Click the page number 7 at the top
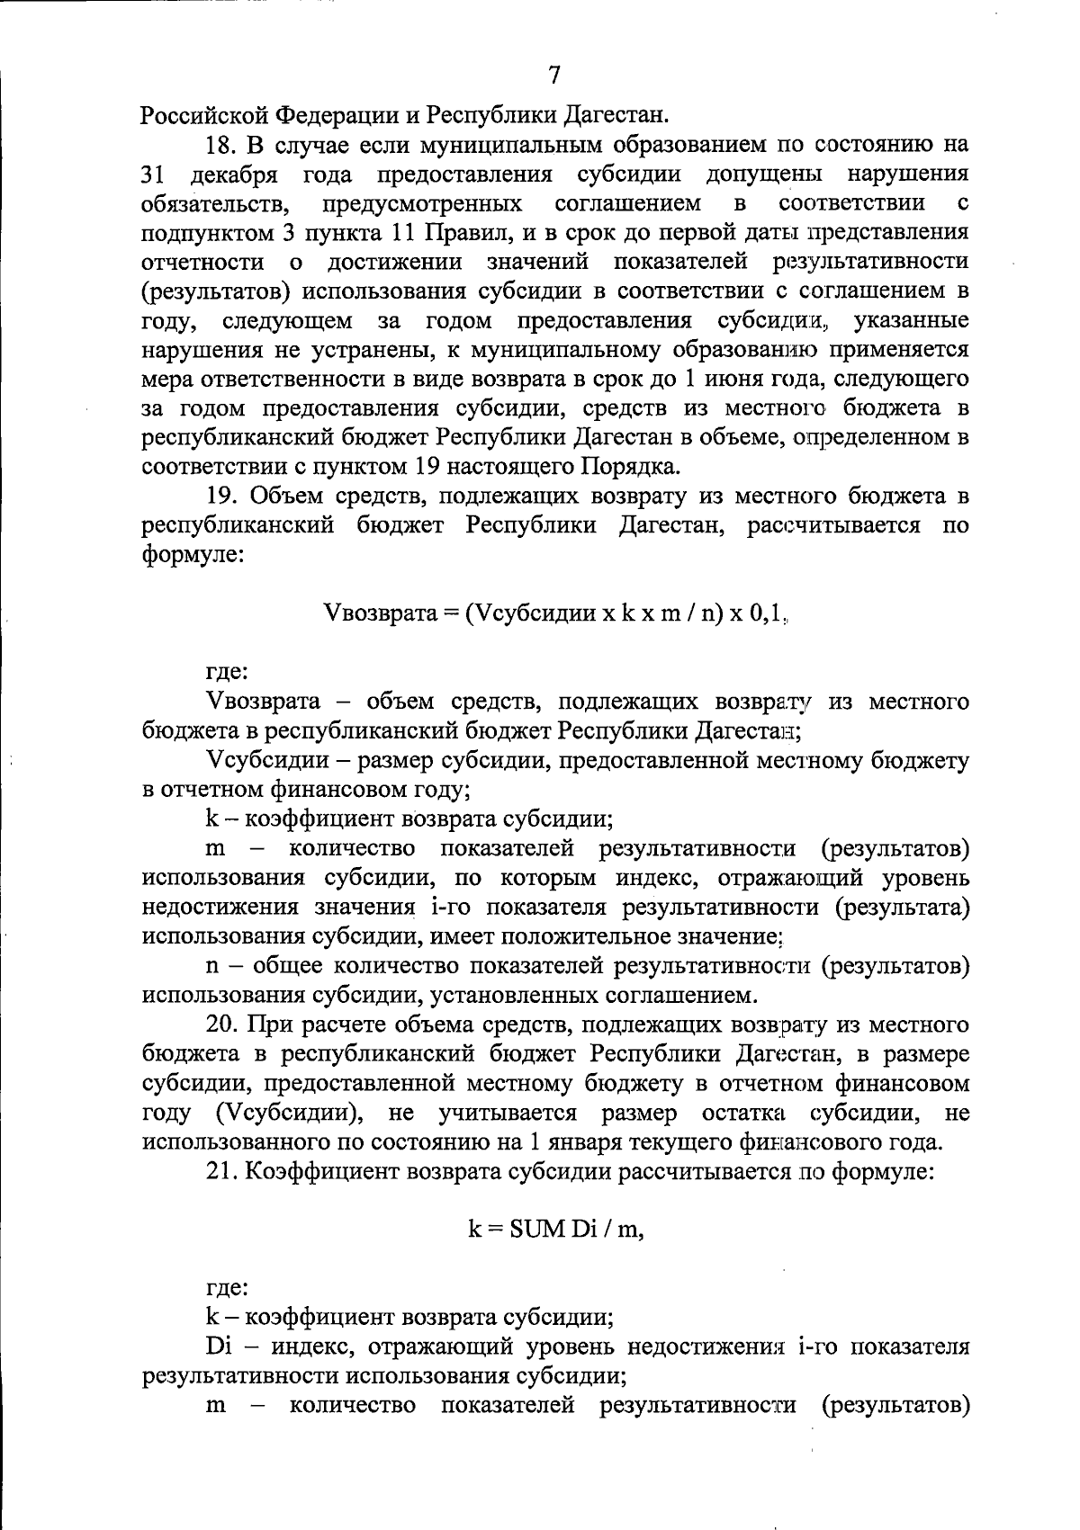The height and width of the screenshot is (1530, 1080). pyautogui.click(x=554, y=76)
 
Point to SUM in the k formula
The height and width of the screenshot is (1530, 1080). pyautogui.click(x=536, y=1230)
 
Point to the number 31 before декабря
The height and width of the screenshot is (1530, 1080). pyautogui.click(x=155, y=174)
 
